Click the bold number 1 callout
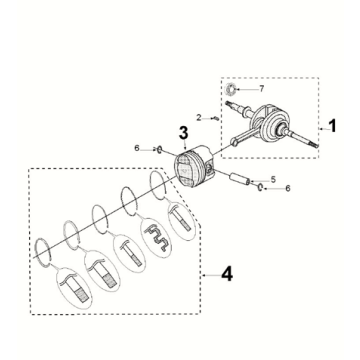(x=332, y=127)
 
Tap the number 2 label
(x=199, y=118)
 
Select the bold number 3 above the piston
(x=183, y=132)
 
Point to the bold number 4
(x=227, y=275)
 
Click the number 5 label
(x=273, y=180)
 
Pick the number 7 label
(x=262, y=89)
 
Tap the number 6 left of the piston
(x=137, y=148)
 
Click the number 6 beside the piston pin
(x=288, y=188)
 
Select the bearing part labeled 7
(x=230, y=89)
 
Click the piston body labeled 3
(x=194, y=167)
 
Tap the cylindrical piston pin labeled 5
(x=240, y=178)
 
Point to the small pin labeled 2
(x=217, y=118)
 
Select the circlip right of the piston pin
(x=260, y=188)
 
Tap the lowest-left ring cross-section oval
(x=75, y=287)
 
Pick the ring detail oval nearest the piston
(x=181, y=220)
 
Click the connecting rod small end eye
(x=235, y=143)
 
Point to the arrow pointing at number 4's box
(x=211, y=275)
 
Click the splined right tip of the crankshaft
(x=313, y=144)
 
